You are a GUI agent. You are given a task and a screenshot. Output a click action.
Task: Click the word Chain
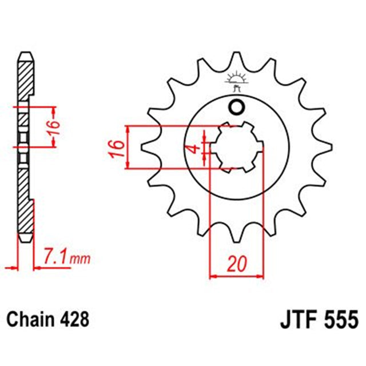pyautogui.click(x=29, y=317)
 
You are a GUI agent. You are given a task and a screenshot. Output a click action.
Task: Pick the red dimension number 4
pyautogui.click(x=196, y=149)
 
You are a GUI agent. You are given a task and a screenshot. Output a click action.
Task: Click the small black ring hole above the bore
pyautogui.click(x=236, y=106)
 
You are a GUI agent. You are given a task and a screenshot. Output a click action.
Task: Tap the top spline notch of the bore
pyautogui.click(x=236, y=126)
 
